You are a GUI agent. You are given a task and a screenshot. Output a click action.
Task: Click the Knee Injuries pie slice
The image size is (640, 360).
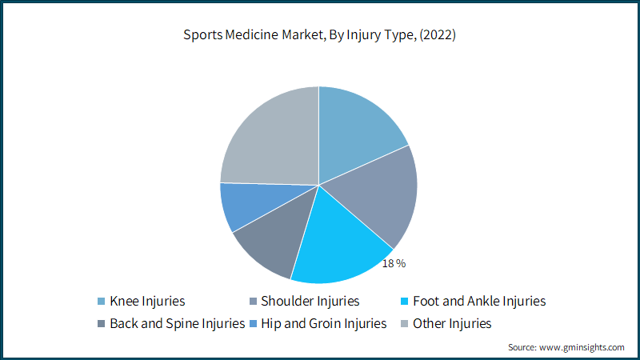[355, 134]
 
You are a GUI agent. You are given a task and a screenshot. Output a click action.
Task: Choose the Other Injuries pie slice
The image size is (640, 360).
[274, 138]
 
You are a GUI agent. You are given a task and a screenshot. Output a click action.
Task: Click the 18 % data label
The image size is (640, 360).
[394, 264]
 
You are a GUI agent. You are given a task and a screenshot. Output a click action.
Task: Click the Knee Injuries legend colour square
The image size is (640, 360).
[102, 302]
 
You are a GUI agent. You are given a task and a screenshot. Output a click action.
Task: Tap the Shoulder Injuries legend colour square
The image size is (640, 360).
[253, 302]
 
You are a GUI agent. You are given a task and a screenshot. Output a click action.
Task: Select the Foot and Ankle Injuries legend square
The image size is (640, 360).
[405, 302]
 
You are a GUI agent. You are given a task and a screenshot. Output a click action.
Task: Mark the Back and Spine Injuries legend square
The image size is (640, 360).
[102, 324]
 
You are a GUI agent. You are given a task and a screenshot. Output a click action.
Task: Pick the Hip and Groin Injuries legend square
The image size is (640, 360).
[253, 324]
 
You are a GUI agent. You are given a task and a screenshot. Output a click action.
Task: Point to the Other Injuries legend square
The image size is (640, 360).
[405, 324]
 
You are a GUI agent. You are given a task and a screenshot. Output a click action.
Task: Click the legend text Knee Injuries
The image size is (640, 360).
[147, 302]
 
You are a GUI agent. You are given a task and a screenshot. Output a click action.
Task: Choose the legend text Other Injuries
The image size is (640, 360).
[452, 324]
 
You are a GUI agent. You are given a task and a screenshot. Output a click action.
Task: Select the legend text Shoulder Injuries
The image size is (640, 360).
[310, 302]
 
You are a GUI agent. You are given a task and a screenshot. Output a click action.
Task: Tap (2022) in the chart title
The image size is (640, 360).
[438, 35]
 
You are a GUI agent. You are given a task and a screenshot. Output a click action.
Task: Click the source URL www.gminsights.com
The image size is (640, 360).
[582, 347]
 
